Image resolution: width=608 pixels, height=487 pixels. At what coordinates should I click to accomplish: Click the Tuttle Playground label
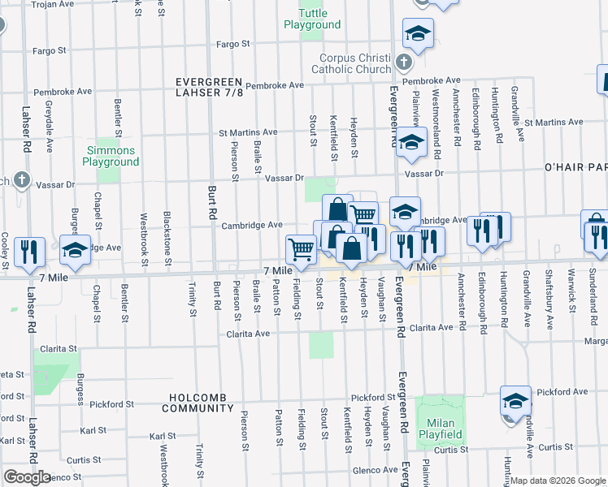click(x=312, y=19)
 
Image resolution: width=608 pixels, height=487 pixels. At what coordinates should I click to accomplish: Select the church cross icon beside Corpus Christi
click(x=402, y=62)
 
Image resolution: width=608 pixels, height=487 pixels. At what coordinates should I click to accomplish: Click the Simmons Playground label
click(x=113, y=156)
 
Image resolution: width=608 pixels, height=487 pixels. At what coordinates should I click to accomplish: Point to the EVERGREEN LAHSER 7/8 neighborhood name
click(x=211, y=87)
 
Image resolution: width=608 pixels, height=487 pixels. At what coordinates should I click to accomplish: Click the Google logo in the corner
click(x=27, y=477)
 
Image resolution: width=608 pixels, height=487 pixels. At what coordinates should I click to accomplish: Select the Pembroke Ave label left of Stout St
click(x=275, y=85)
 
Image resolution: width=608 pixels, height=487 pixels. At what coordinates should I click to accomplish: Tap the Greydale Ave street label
click(x=50, y=119)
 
